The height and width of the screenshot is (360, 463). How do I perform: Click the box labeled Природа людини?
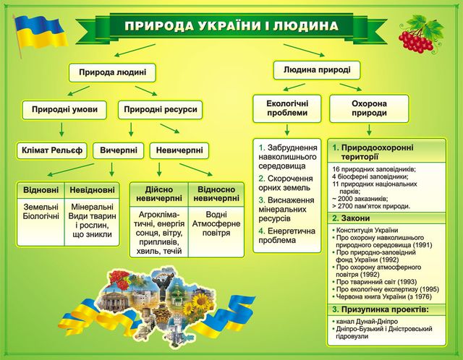click(113, 72)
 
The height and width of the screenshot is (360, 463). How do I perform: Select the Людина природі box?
click(317, 70)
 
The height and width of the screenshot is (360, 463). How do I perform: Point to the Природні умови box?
click(64, 110)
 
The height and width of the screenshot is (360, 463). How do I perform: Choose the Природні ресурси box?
click(161, 110)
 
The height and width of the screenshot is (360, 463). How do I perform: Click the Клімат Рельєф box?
click(52, 150)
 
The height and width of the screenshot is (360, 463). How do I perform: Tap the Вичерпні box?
click(119, 150)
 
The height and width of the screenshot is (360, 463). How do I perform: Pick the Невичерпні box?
click(179, 150)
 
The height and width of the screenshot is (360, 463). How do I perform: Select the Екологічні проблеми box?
click(287, 108)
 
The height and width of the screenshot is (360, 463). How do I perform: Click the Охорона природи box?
click(369, 108)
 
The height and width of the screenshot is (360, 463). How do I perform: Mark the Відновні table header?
click(41, 189)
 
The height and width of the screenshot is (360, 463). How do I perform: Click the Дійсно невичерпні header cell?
click(159, 194)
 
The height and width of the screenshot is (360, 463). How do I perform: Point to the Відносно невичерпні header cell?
click(216, 194)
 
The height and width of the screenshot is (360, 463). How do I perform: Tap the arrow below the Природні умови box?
click(61, 129)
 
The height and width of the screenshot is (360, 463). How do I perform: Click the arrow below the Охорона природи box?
click(369, 129)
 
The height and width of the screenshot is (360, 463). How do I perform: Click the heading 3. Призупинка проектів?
click(381, 309)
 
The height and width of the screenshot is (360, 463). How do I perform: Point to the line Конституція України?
click(365, 230)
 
